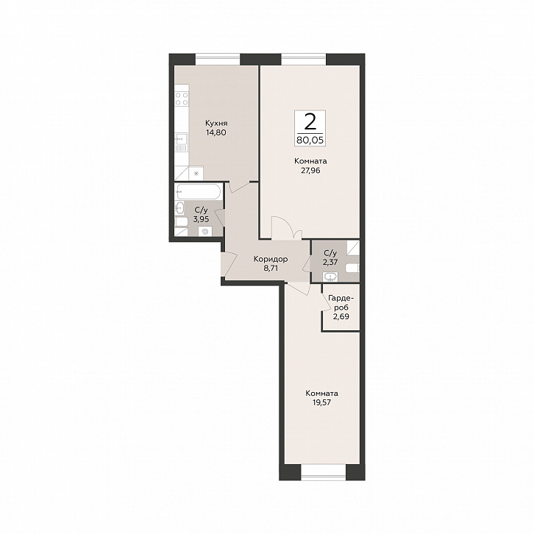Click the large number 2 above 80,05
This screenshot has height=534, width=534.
click(310, 122)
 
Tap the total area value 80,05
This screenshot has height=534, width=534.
click(310, 140)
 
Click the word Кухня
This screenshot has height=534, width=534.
click(216, 124)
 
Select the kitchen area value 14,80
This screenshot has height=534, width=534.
click(216, 132)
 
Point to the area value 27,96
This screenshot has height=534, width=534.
click(310, 171)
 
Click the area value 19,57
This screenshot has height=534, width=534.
click(321, 402)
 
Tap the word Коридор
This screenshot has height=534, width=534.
click(271, 260)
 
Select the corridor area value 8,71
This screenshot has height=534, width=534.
click(270, 268)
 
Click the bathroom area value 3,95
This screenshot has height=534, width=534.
click(201, 219)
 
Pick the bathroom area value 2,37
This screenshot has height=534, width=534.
click(330, 262)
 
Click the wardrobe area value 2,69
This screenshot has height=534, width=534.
click(341, 316)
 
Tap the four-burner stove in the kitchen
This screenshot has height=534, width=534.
click(182, 99)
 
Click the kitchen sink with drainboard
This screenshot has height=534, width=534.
click(181, 142)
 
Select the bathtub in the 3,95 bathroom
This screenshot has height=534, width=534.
click(199, 193)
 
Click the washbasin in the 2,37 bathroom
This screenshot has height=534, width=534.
click(330, 277)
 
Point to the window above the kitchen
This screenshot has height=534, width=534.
click(218, 60)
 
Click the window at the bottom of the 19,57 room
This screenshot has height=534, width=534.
click(324, 472)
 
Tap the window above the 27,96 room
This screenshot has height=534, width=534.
click(304, 60)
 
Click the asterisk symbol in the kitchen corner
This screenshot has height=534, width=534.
click(196, 174)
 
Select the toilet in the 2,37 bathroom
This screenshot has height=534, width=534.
click(352, 268)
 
